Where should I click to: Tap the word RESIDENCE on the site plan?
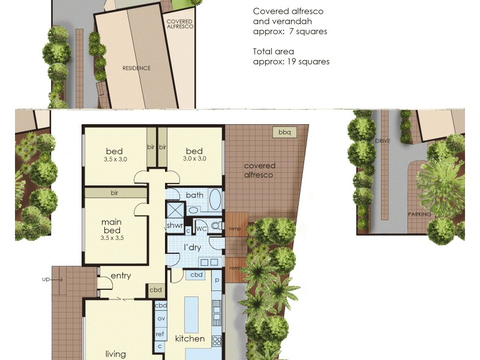click(x=137, y=68)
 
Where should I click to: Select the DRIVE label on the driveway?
click(x=383, y=140)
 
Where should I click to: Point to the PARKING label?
click(x=420, y=214)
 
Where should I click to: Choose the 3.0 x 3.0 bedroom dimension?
click(x=194, y=159)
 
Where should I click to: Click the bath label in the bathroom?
click(x=194, y=195)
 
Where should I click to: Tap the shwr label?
click(x=175, y=225)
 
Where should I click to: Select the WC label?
click(x=202, y=229)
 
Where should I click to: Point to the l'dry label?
click(x=191, y=247)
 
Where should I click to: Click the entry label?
click(x=121, y=276)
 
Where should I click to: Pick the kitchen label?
click(x=190, y=338)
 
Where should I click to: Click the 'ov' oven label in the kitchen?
click(x=161, y=318)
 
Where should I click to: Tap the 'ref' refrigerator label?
click(x=160, y=334)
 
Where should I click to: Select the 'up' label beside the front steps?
click(x=46, y=279)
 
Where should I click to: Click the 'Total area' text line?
click(x=274, y=52)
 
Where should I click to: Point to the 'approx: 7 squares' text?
click(x=290, y=31)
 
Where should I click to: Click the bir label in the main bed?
click(x=114, y=193)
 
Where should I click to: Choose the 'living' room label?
click(x=116, y=354)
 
